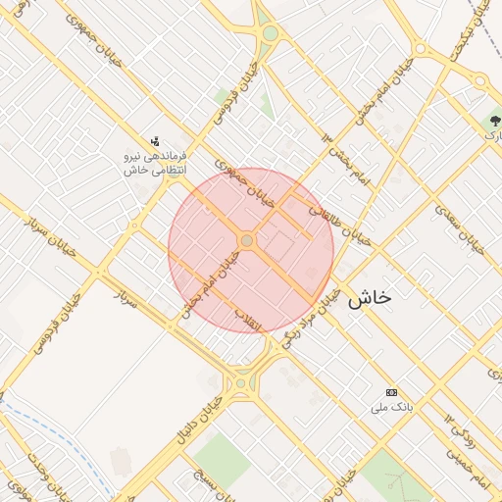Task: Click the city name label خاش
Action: pyautogui.click(x=370, y=299)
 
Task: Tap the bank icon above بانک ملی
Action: pyautogui.click(x=392, y=392)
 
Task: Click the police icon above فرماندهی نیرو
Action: pyautogui.click(x=154, y=142)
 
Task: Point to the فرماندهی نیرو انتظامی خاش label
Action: pyautogui.click(x=154, y=163)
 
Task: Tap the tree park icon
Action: pyautogui.click(x=494, y=123)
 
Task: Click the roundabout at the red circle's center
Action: pyautogui.click(x=247, y=240)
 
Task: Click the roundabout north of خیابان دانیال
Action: pyautogui.click(x=239, y=383)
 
